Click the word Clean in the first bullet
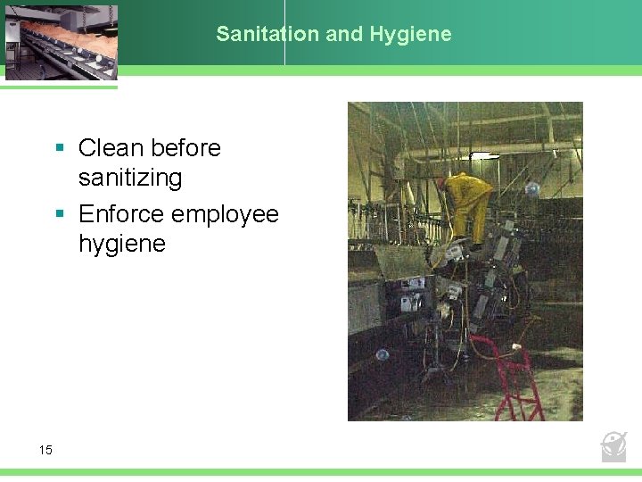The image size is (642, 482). point(111,147)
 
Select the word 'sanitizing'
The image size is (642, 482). point(130,178)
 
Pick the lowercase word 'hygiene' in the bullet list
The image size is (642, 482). point(122,245)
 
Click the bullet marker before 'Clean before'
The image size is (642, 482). point(59,148)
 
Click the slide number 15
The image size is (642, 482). point(45,450)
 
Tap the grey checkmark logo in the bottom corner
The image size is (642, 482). point(613,446)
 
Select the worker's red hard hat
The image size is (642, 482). point(441,182)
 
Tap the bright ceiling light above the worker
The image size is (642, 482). point(484,155)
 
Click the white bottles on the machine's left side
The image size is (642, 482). point(411,302)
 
